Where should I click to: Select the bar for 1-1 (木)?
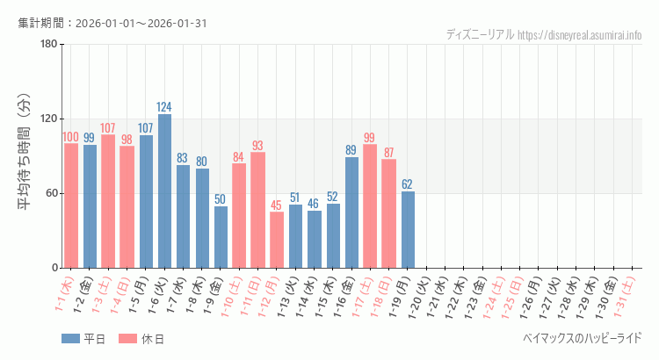click(x=71, y=205)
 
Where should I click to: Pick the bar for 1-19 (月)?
click(x=408, y=229)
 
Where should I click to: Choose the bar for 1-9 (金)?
click(x=221, y=237)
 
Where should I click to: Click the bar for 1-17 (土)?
click(x=370, y=206)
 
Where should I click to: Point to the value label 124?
click(x=164, y=107)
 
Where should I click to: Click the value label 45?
click(x=277, y=205)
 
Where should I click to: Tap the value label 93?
click(x=257, y=146)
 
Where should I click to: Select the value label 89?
click(x=351, y=150)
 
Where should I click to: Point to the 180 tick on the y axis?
click(x=48, y=44)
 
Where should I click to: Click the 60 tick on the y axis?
click(x=51, y=193)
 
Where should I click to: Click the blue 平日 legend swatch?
click(x=71, y=339)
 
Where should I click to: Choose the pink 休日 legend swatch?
click(x=127, y=339)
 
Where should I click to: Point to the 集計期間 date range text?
click(x=112, y=23)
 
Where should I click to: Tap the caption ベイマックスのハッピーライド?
click(x=582, y=338)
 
